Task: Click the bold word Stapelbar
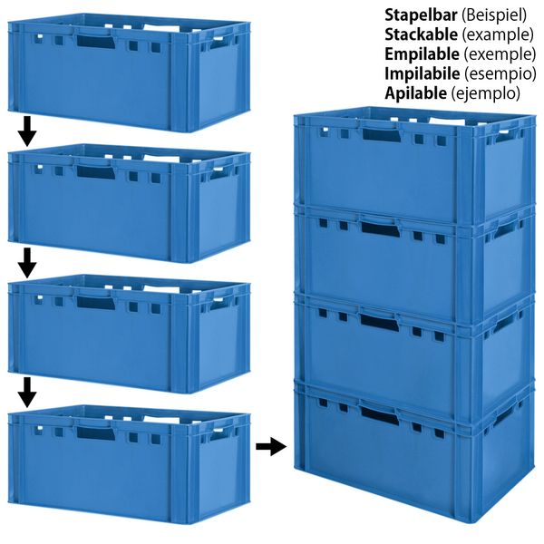[x=421, y=15]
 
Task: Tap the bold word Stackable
[x=421, y=34]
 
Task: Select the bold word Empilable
[x=422, y=54]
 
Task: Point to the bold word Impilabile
[x=423, y=73]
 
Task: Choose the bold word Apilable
[x=415, y=93]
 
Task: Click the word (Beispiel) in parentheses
[x=494, y=15]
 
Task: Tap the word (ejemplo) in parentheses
[x=485, y=93]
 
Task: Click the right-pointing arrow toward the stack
[x=271, y=446]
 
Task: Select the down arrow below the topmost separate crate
[x=26, y=131]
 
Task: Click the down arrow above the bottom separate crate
[x=26, y=393]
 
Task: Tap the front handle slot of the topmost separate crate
[x=96, y=41]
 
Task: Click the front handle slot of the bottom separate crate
[x=96, y=433]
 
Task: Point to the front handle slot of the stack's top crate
[x=380, y=134]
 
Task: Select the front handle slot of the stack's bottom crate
[x=380, y=416]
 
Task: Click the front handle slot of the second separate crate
[x=96, y=172]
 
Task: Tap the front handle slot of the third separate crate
[x=96, y=303]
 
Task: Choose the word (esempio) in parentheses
[x=500, y=74]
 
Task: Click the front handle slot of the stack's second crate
[x=380, y=229]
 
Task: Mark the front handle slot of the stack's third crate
[x=380, y=323]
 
